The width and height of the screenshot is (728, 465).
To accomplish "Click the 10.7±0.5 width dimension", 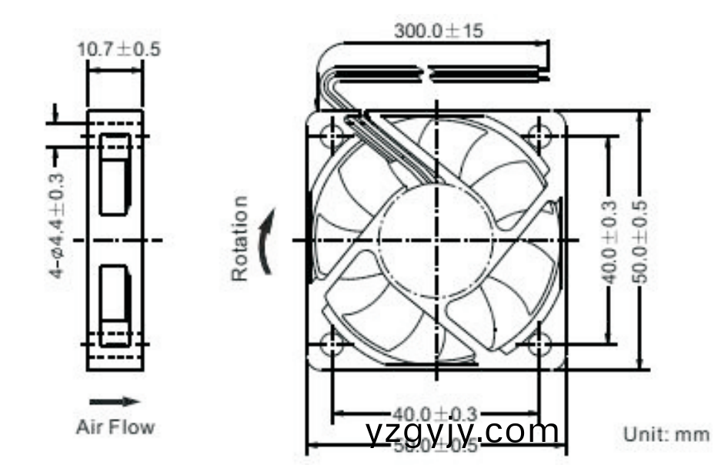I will (x=118, y=49).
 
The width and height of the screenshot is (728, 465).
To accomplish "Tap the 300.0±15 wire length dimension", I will (x=439, y=32).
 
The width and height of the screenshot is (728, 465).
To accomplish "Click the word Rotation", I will (x=241, y=238).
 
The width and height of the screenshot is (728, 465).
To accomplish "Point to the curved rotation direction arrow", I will (x=265, y=244).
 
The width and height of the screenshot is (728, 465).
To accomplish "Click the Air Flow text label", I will (x=115, y=427).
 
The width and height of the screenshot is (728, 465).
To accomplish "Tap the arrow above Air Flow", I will (x=115, y=401).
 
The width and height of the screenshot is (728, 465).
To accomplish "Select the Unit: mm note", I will (x=666, y=434).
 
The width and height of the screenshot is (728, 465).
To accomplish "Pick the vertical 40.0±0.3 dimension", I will (x=609, y=241).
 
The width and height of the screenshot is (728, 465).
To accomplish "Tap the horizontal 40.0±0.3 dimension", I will (x=436, y=414).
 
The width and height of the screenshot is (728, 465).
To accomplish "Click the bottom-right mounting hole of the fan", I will (x=539, y=343).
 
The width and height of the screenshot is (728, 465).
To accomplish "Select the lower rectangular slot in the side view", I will (x=115, y=305).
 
